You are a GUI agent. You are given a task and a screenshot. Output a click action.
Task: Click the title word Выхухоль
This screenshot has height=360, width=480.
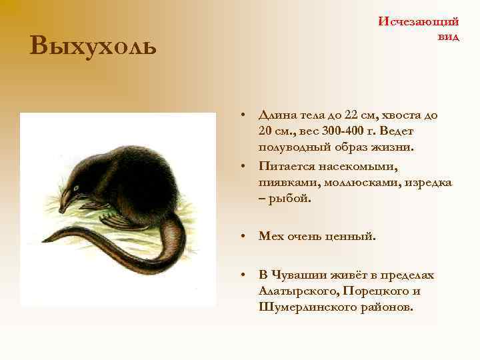[93, 46]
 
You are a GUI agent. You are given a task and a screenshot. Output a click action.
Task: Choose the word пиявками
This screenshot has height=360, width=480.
[286, 182]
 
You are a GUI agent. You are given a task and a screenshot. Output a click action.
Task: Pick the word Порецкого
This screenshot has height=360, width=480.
[374, 291]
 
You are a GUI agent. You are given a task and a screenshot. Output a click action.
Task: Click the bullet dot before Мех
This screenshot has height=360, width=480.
[245, 235]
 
